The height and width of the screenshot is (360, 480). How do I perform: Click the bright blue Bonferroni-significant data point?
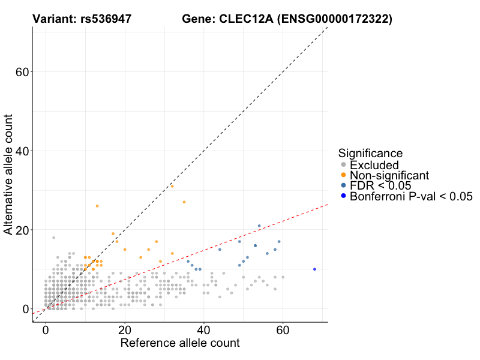pyautogui.click(x=314, y=269)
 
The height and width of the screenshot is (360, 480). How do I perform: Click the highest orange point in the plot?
pyautogui.click(x=172, y=186)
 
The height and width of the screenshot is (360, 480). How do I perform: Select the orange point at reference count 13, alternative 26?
pyautogui.click(x=97, y=206)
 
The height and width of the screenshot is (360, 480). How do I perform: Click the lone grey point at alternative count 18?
pyautogui.click(x=53, y=238)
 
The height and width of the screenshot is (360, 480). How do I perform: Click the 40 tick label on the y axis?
pyautogui.click(x=23, y=151)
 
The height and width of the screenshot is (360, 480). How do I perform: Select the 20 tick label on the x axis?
pyautogui.click(x=125, y=331)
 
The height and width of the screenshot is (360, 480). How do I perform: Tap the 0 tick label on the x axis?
pyautogui.click(x=46, y=331)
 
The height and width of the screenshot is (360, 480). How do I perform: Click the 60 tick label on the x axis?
pyautogui.click(x=283, y=331)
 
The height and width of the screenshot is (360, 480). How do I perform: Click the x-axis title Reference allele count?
pyautogui.click(x=180, y=343)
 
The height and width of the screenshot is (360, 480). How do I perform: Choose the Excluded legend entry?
pyautogui.click(x=374, y=165)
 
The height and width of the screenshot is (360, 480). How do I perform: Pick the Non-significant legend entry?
pyautogui.click(x=389, y=175)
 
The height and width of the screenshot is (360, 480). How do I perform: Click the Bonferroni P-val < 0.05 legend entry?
pyautogui.click(x=411, y=196)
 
